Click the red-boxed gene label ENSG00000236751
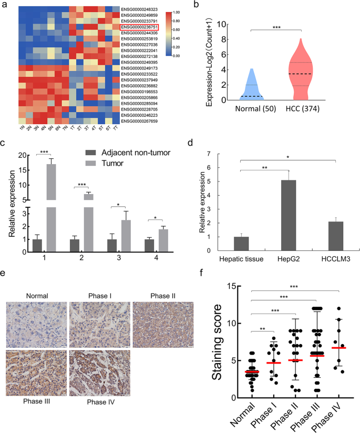(x=141, y=26)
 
